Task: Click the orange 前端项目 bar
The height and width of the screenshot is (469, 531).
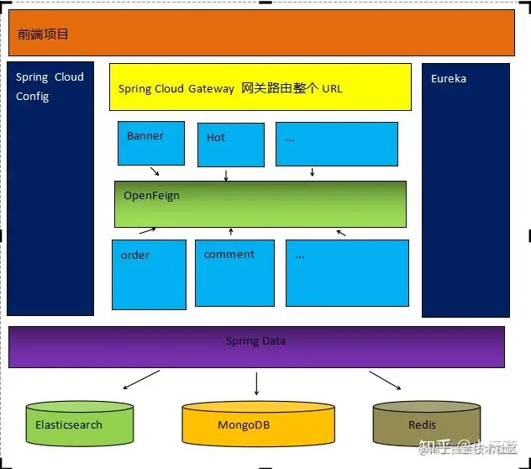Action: click(x=261, y=33)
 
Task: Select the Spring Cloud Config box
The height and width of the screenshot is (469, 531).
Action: click(x=50, y=189)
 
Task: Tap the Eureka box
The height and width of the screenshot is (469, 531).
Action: click(x=465, y=190)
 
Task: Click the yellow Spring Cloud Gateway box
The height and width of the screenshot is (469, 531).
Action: click(x=260, y=87)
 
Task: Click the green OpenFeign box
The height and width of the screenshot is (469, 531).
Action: click(x=260, y=203)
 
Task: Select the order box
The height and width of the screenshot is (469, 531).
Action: click(x=149, y=274)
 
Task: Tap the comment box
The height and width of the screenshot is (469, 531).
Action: click(x=234, y=273)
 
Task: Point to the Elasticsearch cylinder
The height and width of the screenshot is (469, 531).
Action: click(x=80, y=424)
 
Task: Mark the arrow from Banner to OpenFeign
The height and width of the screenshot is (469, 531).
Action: click(x=155, y=171)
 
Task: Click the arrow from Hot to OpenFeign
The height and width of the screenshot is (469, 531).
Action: click(x=226, y=174)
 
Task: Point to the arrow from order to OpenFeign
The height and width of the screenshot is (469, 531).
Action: click(x=147, y=230)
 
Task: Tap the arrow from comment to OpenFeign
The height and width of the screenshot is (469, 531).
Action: click(x=231, y=231)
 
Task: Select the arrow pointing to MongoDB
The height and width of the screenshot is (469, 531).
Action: click(x=256, y=383)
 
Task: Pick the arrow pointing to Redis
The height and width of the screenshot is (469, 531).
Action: click(x=385, y=381)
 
